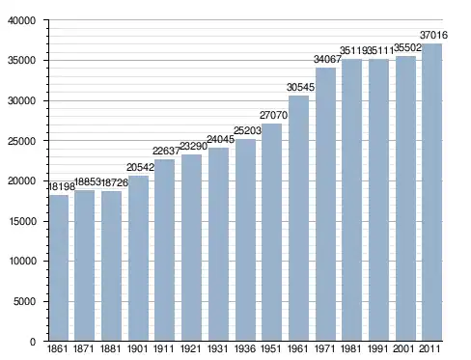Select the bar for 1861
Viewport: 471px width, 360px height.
pos(59,267)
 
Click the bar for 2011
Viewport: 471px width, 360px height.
pos(431,192)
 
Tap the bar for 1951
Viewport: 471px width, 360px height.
pos(271,233)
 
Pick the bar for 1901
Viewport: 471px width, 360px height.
pos(138,258)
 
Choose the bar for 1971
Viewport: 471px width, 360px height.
pos(325,205)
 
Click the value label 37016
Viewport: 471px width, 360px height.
pos(433,35)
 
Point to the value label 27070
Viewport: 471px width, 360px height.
pos(273,115)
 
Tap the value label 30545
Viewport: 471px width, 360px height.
pos(300,87)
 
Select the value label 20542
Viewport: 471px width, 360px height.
pos(140,167)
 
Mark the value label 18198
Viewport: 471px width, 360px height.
pos(62,186)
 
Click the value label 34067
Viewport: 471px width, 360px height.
pos(327,59)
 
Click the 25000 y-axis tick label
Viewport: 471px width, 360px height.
pos(21,141)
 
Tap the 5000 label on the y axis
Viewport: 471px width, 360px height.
pos(24,301)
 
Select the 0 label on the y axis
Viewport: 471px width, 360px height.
pos(33,342)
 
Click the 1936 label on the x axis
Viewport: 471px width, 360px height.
pos(245,348)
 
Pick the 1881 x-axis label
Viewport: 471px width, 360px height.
pos(110,348)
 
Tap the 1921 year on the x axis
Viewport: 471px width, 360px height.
pos(191,348)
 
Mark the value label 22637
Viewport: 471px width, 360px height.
pos(166,151)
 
